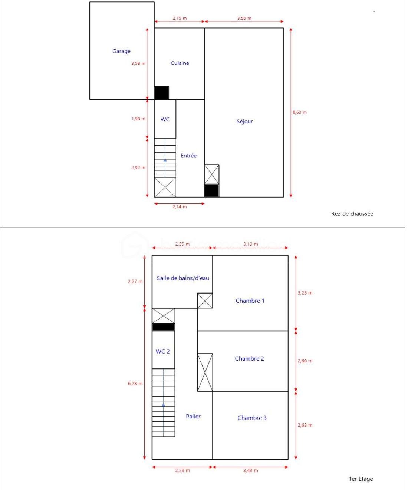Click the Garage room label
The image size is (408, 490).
click(121, 51)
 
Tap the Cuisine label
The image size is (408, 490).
click(180, 63)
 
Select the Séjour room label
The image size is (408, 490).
click(245, 121)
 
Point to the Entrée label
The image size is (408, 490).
click(188, 156)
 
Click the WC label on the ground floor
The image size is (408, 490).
click(165, 119)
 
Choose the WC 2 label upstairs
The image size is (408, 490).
click(163, 351)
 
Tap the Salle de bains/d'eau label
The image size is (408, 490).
click(183, 278)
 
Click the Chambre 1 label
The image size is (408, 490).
click(250, 301)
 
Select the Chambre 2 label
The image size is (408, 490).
click(250, 358)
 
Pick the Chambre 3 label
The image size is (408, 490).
click(252, 418)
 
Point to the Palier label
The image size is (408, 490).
click(193, 416)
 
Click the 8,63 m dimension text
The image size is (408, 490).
click(300, 112)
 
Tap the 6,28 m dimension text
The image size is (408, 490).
click(135, 384)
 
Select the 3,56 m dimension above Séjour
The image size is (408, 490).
click(244, 18)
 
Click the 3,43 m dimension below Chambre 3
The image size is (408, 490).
click(251, 470)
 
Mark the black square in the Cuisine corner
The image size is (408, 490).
click(161, 93)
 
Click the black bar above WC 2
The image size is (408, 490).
click(163, 327)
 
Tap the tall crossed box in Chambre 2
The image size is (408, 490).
click(205, 373)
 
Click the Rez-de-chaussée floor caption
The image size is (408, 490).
click(352, 214)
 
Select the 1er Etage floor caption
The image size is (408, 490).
click(361, 479)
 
